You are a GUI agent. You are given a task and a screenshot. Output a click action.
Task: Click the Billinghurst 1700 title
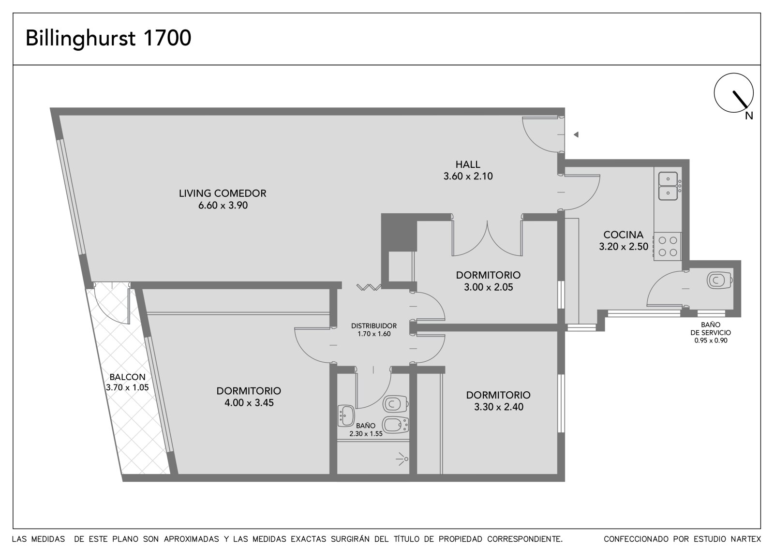(108, 38)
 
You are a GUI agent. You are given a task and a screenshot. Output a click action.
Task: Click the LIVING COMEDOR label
(223, 193)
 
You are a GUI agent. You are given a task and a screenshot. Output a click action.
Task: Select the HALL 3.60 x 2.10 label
(468, 170)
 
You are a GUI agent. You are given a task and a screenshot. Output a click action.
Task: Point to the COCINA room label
(624, 235)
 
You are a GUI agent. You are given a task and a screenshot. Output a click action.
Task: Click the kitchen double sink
(668, 186)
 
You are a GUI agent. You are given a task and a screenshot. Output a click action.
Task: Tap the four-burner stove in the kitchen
(668, 246)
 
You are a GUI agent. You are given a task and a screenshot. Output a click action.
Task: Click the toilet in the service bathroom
(719, 280)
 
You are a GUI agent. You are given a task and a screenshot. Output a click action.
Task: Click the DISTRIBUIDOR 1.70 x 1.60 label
(374, 330)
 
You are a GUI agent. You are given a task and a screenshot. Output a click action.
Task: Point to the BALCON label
(127, 377)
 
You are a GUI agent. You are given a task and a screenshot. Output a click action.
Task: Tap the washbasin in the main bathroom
(346, 416)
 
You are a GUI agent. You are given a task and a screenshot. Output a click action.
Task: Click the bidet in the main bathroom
(396, 425)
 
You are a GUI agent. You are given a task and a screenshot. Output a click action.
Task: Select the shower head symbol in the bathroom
(402, 459)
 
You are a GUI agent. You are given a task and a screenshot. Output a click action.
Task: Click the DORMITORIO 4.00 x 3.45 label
(249, 397)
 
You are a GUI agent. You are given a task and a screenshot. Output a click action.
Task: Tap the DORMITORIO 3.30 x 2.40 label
(498, 401)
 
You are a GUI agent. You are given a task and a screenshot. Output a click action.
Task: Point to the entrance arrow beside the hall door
(576, 134)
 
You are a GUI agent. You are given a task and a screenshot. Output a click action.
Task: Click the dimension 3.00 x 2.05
(488, 287)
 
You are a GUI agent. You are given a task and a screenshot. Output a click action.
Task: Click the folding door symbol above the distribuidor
(369, 287)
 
